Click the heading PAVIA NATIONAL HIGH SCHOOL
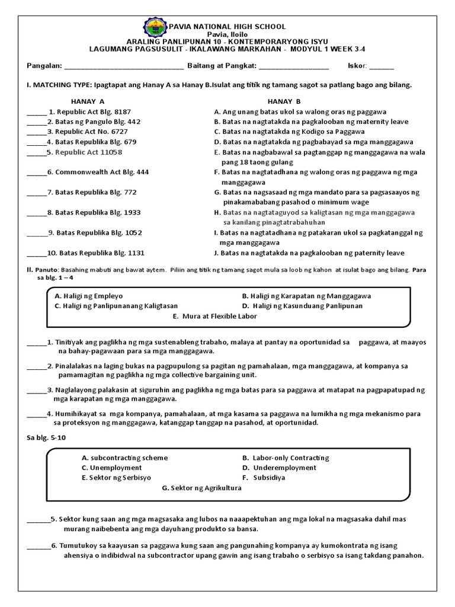228,27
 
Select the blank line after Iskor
382,65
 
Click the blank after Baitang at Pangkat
294,65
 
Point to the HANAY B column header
284,101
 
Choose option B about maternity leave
311,122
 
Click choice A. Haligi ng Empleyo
89,296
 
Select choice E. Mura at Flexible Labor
215,317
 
